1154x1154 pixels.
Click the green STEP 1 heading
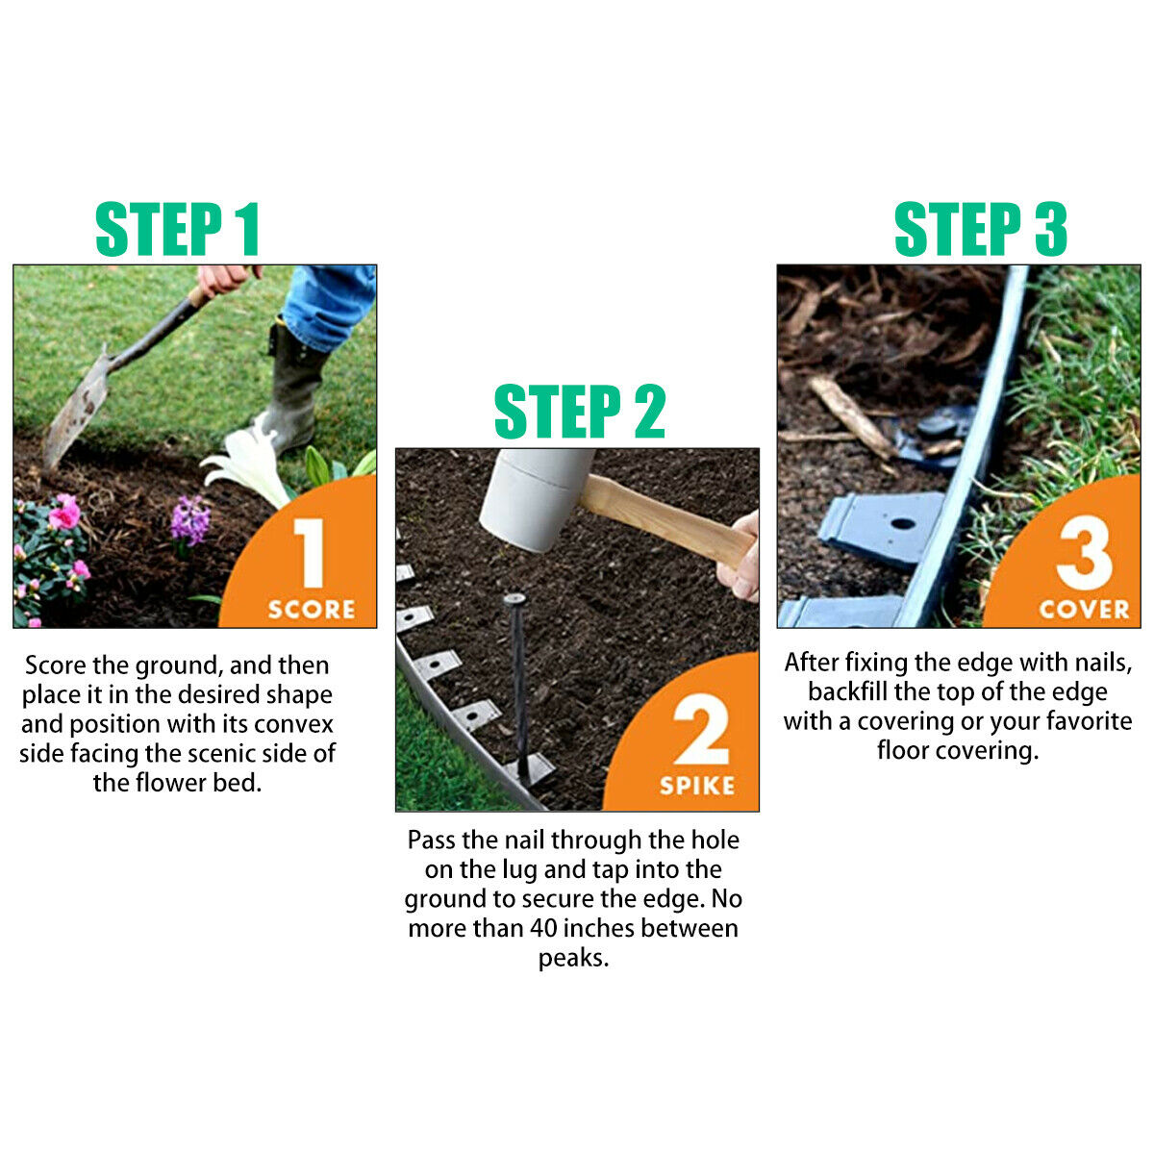[x=178, y=230]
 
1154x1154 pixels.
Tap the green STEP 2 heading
[x=579, y=413]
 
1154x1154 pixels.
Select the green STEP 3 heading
[x=980, y=230]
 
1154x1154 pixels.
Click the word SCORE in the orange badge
[x=311, y=610]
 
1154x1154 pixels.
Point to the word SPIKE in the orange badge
[x=697, y=786]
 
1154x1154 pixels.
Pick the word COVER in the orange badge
[x=1084, y=610]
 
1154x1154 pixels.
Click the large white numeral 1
[x=310, y=553]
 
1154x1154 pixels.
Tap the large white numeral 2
[x=700, y=732]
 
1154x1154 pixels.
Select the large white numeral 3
[x=1084, y=553]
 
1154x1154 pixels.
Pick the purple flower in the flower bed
[x=189, y=520]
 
